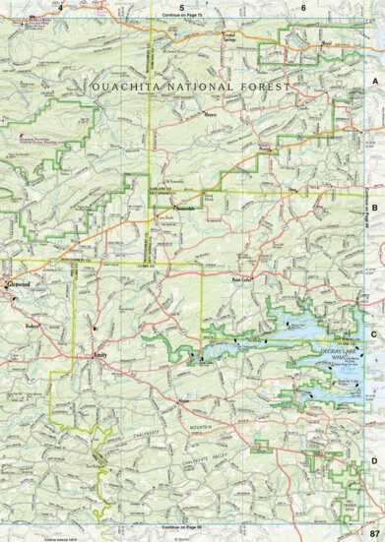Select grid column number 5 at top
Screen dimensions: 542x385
tap(181, 7)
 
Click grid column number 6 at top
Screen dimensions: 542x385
tap(302, 7)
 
